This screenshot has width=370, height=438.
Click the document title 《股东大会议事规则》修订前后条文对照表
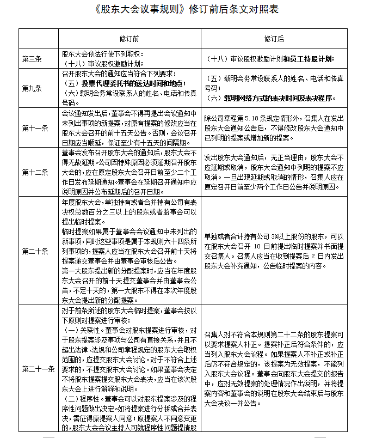tap(185, 10)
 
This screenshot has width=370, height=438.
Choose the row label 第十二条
tap(35, 172)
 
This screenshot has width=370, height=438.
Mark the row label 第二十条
tap(35, 251)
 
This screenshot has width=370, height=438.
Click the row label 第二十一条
tap(38, 369)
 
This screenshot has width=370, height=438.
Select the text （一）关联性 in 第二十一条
tap(82, 330)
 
